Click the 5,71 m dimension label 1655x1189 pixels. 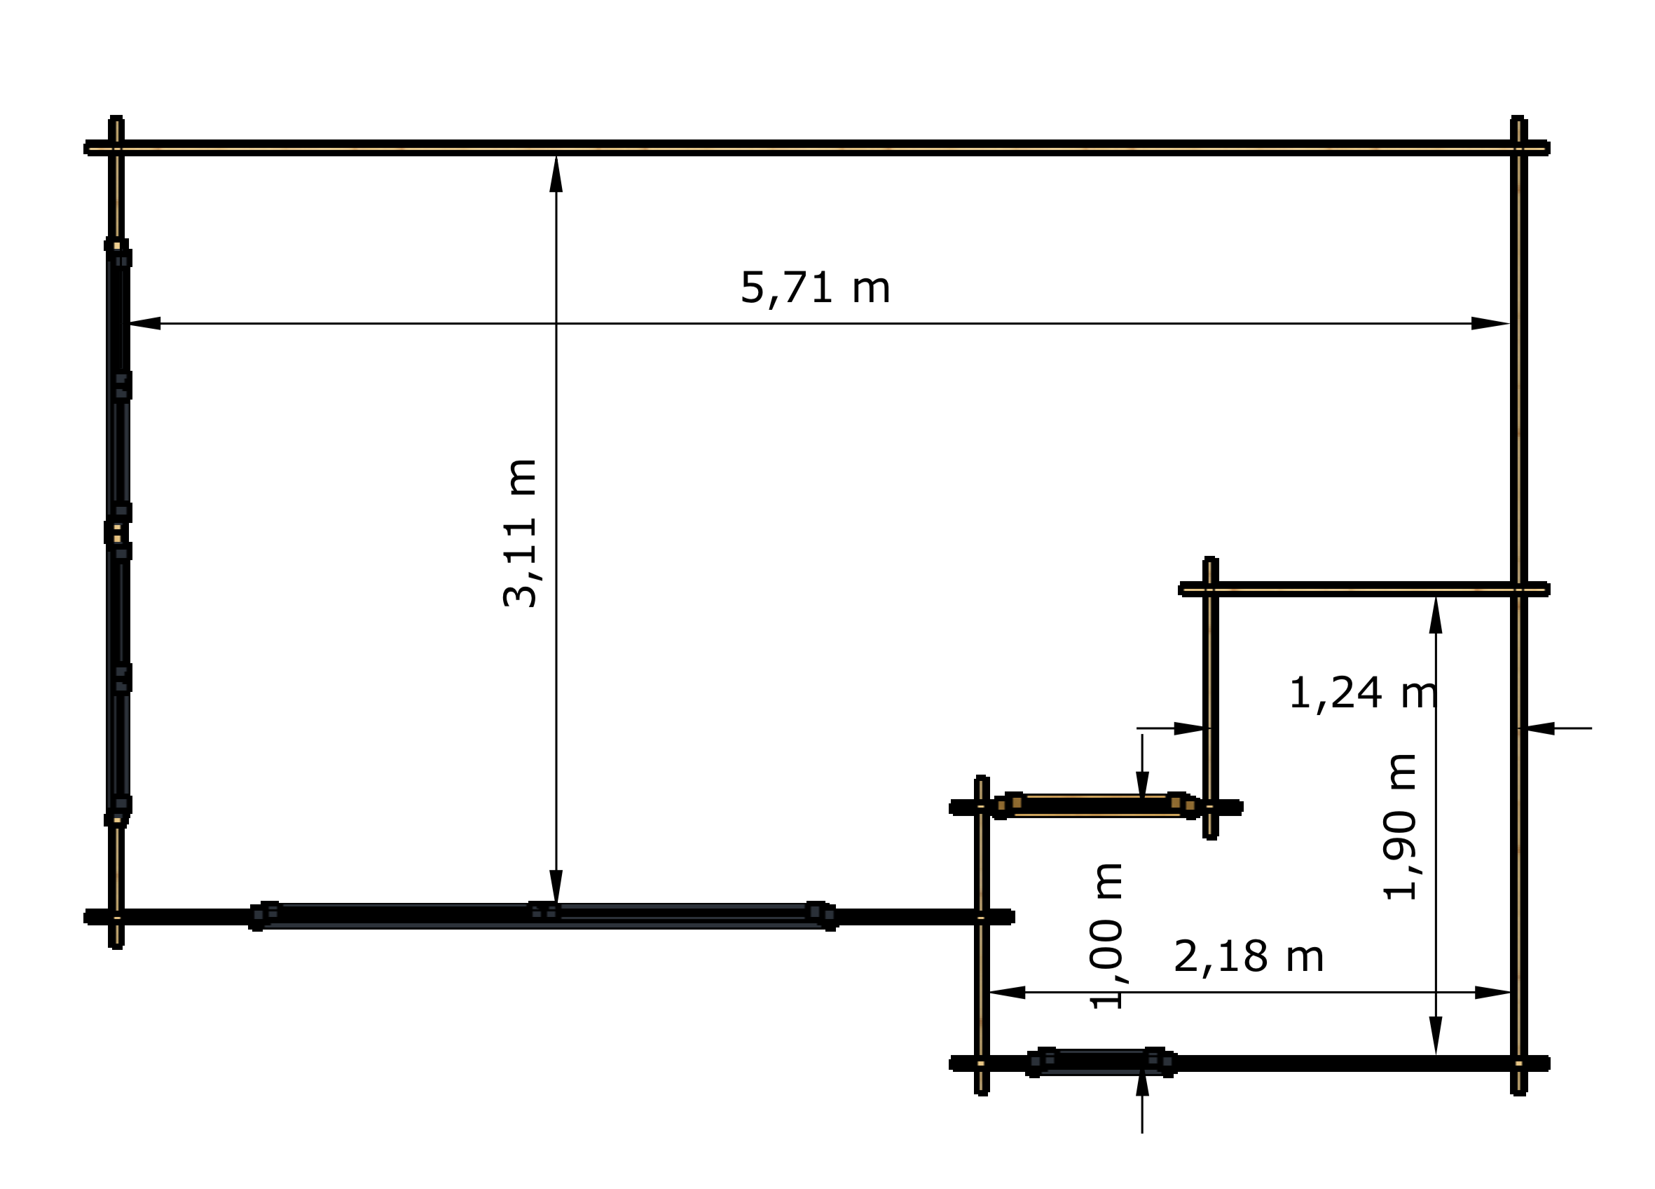point(815,288)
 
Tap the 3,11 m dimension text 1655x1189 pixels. point(521,533)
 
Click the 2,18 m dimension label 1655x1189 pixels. point(1249,956)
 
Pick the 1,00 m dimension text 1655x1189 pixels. point(1106,937)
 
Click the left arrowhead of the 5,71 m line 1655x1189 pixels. point(144,323)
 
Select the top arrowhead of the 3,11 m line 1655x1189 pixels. point(556,174)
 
